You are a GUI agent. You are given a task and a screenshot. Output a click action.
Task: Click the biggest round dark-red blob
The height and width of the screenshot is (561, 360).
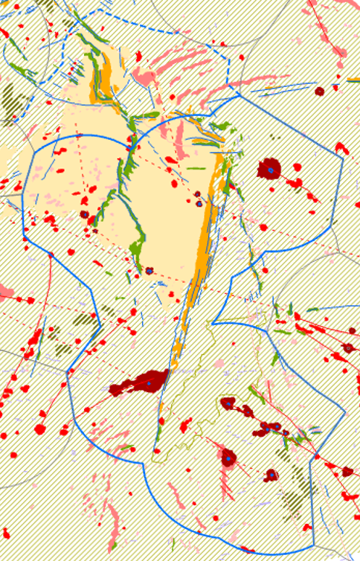[x=269, y=169]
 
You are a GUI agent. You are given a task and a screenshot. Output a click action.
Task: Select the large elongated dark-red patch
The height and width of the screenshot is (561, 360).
[x=138, y=384]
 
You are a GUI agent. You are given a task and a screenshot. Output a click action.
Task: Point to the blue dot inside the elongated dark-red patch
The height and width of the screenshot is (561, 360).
[x=148, y=383]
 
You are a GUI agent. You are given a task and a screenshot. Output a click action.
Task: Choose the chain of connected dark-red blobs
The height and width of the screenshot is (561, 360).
[x=271, y=428]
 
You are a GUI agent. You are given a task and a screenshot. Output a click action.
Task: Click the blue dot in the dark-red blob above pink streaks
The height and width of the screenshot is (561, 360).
[x=228, y=459]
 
